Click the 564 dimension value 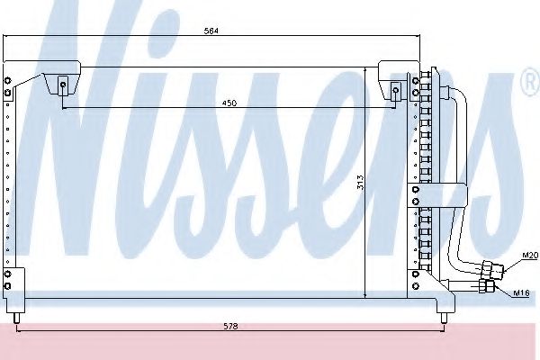click(211, 31)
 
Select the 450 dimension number click(229, 103)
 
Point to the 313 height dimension click(358, 183)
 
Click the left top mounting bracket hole click(62, 87)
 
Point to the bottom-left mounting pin click(16, 316)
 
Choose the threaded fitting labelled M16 click(487, 286)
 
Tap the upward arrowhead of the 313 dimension click(364, 68)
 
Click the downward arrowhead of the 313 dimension click(364, 295)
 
